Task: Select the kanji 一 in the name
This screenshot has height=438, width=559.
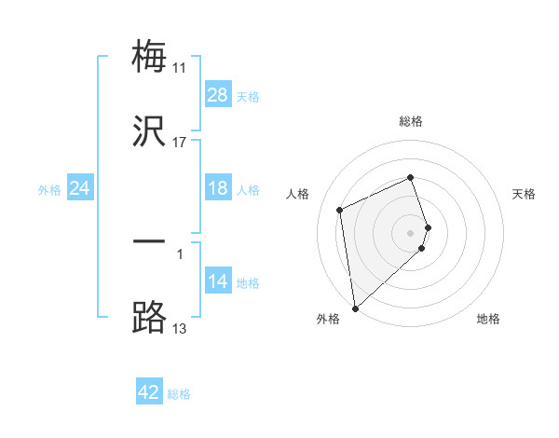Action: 149,242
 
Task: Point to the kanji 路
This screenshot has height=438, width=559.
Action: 149,318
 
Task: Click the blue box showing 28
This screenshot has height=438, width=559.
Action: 218,95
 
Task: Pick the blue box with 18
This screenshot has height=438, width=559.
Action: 218,188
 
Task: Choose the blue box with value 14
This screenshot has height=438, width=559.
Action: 218,281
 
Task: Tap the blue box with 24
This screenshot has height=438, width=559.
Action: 80,188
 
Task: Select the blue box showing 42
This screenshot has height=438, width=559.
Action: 149,392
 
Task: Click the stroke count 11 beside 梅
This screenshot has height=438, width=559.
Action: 179,68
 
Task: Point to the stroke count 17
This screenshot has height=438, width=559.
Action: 179,143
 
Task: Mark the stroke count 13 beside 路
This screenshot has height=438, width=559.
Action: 179,329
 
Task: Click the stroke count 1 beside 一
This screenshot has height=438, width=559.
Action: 179,252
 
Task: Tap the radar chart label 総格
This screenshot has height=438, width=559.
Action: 411,121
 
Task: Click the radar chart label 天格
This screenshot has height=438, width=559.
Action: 524,194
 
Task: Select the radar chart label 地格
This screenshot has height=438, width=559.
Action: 488,319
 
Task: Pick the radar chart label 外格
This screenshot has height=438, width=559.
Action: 328,319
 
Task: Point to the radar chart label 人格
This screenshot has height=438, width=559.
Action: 298,194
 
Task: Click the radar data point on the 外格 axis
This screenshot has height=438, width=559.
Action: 355,308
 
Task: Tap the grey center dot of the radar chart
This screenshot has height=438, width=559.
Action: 411,232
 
